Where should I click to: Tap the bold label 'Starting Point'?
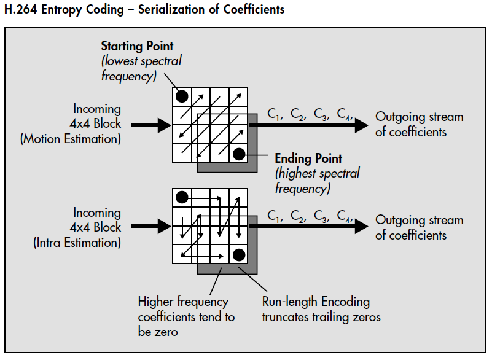coord(137,46)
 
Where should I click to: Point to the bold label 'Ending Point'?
coord(308,158)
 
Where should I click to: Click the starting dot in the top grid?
coord(182,96)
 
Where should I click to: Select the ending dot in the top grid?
coord(239,154)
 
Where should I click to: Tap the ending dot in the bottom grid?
coord(239,255)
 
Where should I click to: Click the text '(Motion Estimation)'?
coord(71,139)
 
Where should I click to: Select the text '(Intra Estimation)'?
coord(77,243)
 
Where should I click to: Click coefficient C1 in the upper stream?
coord(274,114)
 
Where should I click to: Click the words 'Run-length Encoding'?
coord(316,302)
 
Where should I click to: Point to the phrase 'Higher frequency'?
coord(182,302)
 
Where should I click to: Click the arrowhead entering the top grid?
coord(164,125)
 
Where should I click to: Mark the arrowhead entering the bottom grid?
coord(164,227)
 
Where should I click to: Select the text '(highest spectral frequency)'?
coord(317,181)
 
